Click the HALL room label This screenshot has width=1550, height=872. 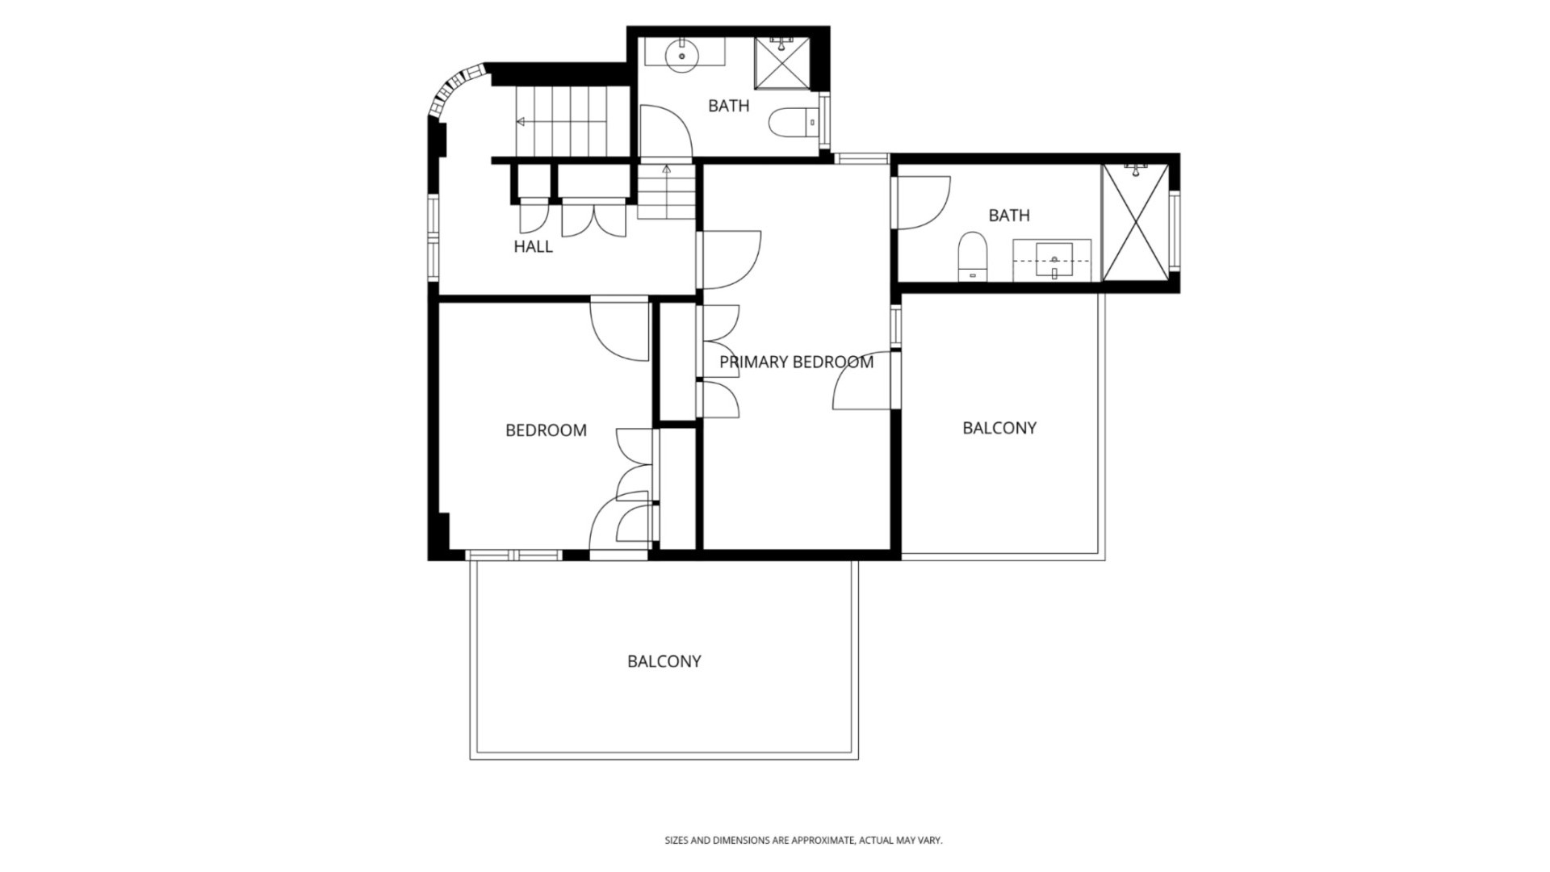coord(533,247)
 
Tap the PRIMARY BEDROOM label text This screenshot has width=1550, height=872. coord(796,363)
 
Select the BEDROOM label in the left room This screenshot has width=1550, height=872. coord(546,430)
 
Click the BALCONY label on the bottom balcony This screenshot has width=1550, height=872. coord(664,662)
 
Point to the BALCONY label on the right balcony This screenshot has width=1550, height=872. coord(999,429)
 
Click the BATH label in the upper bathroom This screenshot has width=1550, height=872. coord(728,106)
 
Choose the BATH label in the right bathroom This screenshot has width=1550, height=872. coord(1009,216)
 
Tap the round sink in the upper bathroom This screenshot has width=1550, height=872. coord(682,56)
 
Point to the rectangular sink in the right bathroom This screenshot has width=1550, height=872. coord(1054,260)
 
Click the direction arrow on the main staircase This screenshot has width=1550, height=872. coord(520,122)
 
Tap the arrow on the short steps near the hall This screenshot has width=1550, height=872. coord(666,170)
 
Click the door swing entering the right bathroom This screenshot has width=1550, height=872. coord(921,202)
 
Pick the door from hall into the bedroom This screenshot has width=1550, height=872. coord(620,329)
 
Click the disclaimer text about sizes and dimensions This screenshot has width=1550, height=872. coord(803,841)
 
